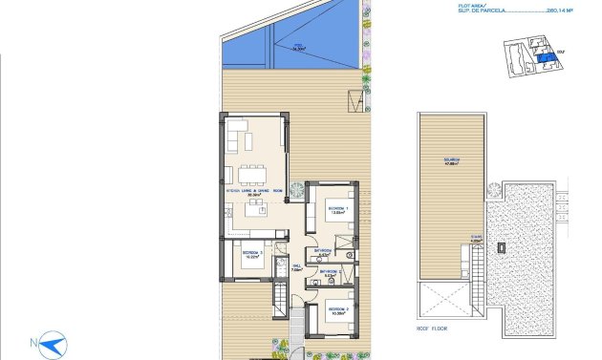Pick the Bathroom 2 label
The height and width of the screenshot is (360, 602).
coord(330,273)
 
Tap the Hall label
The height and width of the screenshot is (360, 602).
coord(296,268)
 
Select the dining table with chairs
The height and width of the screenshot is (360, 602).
coord(253,174)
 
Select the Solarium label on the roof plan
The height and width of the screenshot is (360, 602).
coord(451,160)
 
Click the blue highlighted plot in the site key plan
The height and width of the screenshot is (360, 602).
coord(544,58)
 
